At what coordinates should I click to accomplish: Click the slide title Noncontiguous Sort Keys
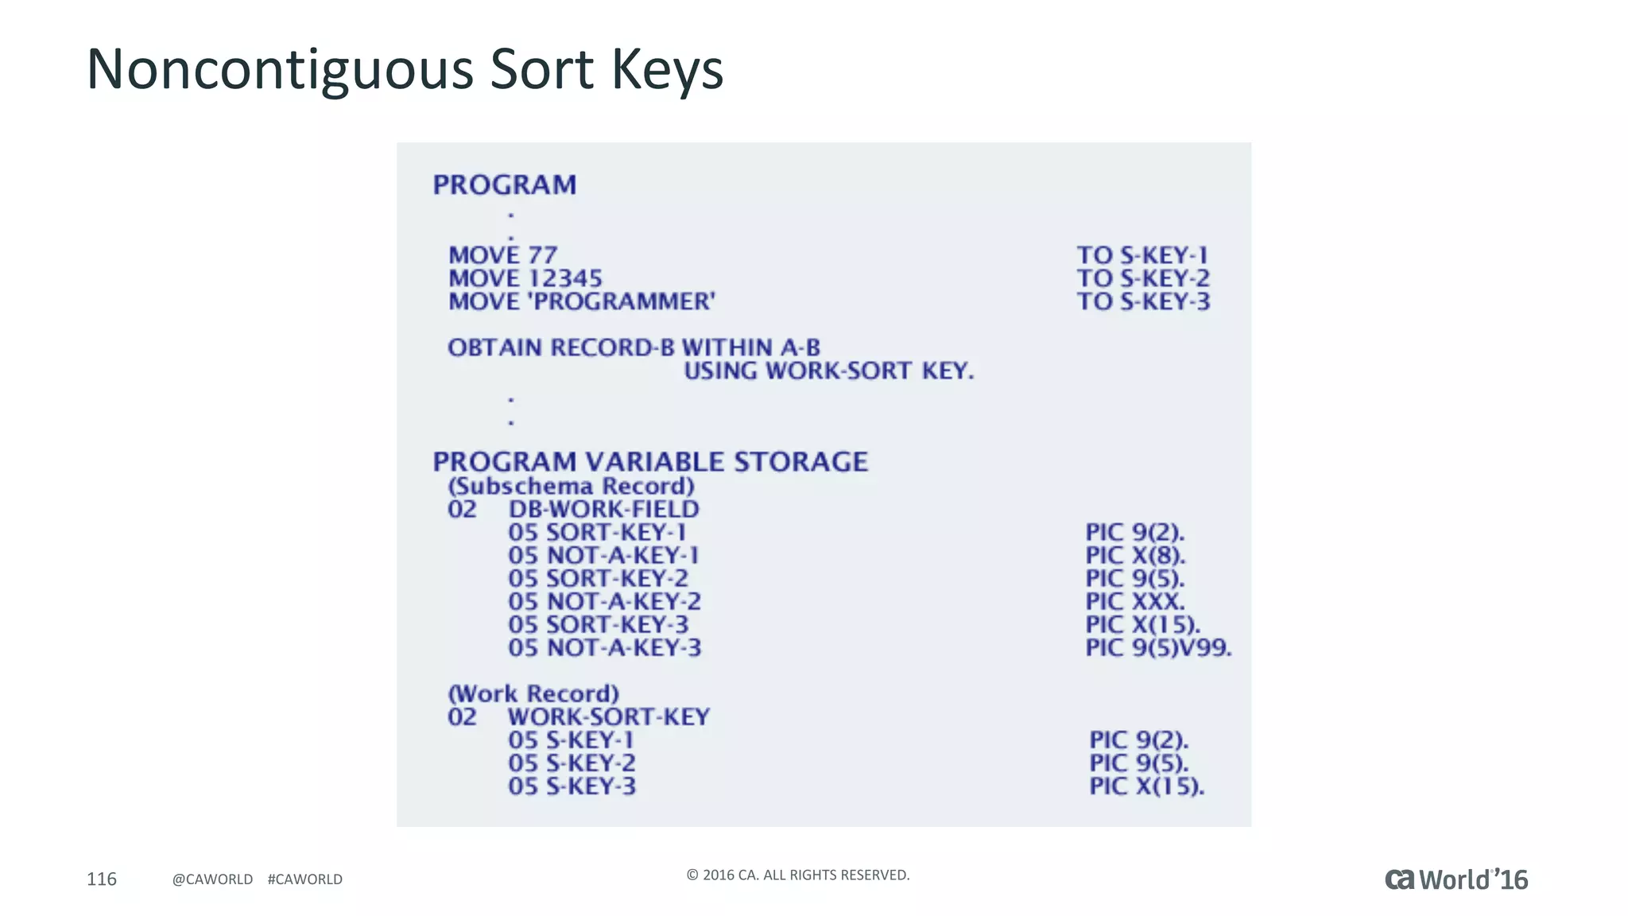tap(405, 69)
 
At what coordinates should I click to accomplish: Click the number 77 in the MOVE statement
tap(542, 255)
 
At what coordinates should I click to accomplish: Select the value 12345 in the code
tap(565, 278)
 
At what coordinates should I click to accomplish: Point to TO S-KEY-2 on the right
tap(1143, 278)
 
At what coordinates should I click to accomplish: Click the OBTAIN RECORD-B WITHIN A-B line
tap(634, 347)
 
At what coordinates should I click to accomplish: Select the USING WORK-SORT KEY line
tap(828, 371)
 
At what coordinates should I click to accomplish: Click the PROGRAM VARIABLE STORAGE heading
tap(650, 461)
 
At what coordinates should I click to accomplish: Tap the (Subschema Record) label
tap(571, 486)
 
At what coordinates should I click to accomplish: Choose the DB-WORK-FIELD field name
tap(604, 509)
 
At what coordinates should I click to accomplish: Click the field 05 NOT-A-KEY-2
tap(604, 601)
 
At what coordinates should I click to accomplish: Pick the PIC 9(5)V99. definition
tap(1158, 647)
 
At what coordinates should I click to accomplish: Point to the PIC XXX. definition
tap(1134, 601)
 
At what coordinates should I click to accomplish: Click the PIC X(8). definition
tap(1135, 555)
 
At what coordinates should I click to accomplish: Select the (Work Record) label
tap(533, 693)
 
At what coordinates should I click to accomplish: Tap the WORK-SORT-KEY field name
tap(609, 716)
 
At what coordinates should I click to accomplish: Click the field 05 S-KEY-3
tap(572, 786)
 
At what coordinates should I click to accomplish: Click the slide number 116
tap(102, 879)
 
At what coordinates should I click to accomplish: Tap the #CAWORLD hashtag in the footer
tap(305, 879)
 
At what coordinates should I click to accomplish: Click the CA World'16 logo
tap(1456, 879)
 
